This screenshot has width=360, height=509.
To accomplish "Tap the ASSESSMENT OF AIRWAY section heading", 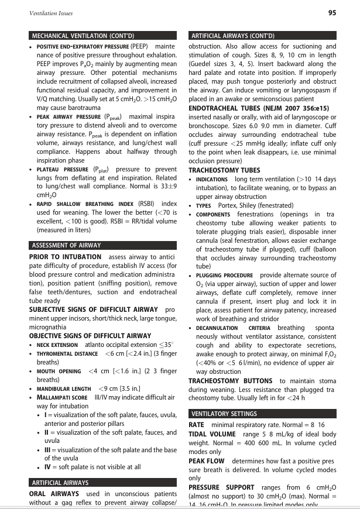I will (66, 245).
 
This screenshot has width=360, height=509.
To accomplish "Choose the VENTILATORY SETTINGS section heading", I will (224, 413).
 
